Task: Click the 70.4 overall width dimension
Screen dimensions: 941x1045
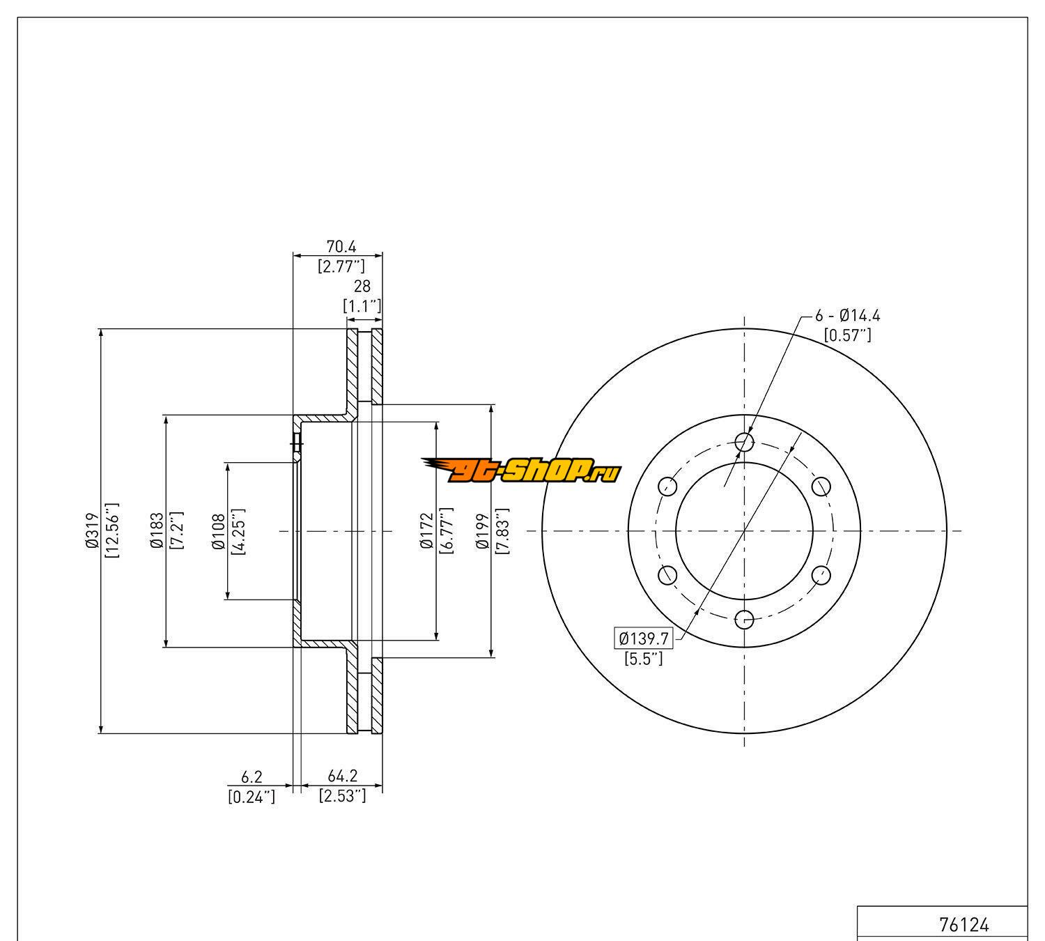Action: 341,246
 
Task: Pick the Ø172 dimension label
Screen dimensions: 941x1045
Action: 426,530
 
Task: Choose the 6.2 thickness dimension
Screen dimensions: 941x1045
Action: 251,776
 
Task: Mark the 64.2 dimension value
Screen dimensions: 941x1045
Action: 342,776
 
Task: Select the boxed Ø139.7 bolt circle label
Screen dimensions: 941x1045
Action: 644,637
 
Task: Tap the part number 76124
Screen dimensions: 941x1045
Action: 964,926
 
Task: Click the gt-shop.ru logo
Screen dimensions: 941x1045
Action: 521,472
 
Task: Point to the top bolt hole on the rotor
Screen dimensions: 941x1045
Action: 744,441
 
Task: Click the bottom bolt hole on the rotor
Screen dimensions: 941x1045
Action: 744,619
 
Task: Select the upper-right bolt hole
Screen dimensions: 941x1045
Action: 821,486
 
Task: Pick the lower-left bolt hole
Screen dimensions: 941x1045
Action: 667,575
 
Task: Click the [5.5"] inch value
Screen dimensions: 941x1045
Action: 644,658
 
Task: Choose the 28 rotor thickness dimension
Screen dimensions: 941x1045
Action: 362,286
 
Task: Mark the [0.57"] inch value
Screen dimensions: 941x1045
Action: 847,335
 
